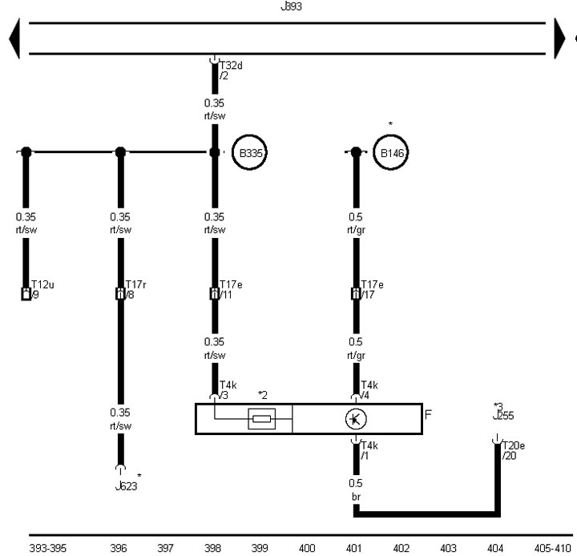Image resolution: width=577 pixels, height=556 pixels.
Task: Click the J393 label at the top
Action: click(291, 6)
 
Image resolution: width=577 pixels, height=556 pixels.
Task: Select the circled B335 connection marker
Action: click(249, 152)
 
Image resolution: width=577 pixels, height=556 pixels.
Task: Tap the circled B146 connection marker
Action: click(391, 152)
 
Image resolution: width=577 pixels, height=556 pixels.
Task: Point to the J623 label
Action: click(127, 486)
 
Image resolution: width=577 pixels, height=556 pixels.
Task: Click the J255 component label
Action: click(503, 416)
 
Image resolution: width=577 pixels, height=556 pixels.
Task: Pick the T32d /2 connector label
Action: click(231, 71)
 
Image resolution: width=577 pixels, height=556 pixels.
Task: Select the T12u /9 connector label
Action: click(42, 289)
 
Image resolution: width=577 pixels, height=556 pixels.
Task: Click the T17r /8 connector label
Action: click(135, 289)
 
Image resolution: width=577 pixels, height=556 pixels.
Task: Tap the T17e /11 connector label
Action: click(231, 289)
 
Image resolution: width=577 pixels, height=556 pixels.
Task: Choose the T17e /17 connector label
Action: click(372, 289)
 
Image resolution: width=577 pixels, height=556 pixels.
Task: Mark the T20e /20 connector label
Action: click(514, 451)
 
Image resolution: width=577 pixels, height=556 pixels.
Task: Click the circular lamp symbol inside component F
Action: click(356, 419)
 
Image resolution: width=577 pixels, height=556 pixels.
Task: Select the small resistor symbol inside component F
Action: click(261, 419)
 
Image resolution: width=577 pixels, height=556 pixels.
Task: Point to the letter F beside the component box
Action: click(428, 415)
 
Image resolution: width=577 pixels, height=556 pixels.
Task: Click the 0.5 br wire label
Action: click(356, 490)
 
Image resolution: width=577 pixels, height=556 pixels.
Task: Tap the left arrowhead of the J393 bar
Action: click(14, 38)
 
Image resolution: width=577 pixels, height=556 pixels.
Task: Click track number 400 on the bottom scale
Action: click(307, 548)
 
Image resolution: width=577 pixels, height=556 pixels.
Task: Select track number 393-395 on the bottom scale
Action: click(48, 548)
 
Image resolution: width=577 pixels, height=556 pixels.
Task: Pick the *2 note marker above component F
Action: click(263, 395)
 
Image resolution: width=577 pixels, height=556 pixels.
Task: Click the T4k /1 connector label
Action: click(369, 451)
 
